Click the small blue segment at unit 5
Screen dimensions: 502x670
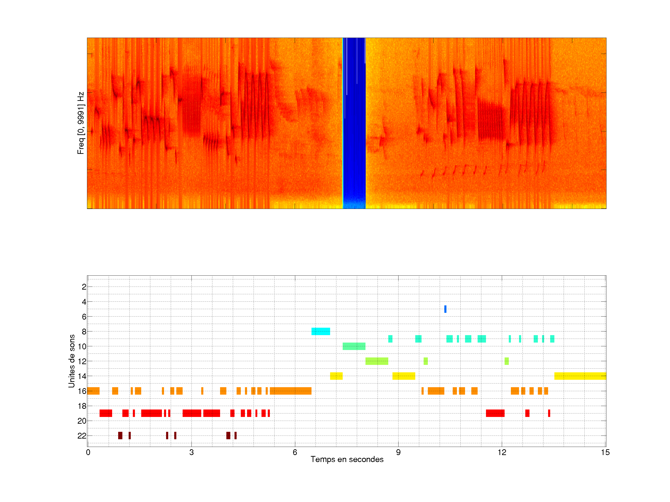(445, 309)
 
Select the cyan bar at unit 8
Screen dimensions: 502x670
(321, 331)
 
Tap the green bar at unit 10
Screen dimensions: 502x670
(354, 346)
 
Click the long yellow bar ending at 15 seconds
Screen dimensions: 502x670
(580, 376)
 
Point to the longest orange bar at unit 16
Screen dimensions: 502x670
(291, 391)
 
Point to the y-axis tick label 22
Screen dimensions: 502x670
(82, 436)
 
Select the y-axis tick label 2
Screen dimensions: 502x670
(84, 287)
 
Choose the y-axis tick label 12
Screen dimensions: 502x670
(82, 361)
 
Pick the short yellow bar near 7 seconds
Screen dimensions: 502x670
(336, 376)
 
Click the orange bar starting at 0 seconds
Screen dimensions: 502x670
(93, 391)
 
